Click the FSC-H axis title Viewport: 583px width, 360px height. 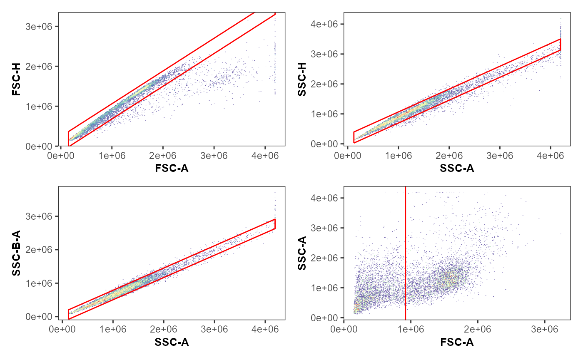[x=17, y=79]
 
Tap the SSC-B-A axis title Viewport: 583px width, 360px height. [x=17, y=253]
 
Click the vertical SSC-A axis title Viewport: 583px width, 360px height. [x=302, y=253]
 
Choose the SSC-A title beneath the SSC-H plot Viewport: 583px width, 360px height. [x=457, y=168]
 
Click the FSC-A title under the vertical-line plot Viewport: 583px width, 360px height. [x=457, y=342]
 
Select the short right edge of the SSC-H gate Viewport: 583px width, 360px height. [x=561, y=45]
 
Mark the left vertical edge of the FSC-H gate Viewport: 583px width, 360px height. [x=68, y=139]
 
